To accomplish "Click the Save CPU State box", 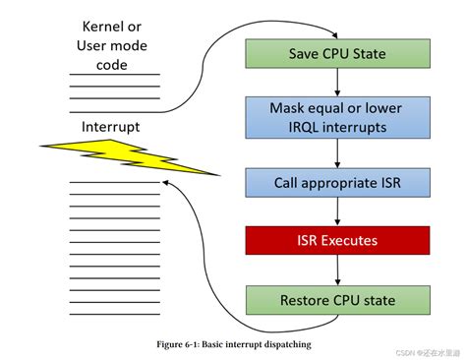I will tap(337, 52).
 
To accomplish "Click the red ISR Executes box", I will tap(337, 239).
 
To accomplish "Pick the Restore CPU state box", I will tap(337, 299).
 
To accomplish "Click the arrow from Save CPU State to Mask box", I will tap(337, 81).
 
